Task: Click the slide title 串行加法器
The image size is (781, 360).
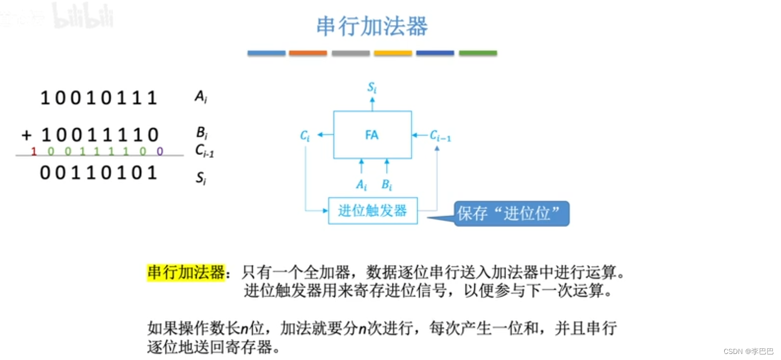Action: [x=372, y=26]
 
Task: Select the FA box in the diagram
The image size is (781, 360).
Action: [x=372, y=135]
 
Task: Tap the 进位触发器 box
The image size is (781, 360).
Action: [x=372, y=211]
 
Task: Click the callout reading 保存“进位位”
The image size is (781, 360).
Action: [x=511, y=214]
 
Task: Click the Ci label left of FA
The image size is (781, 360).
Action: [x=305, y=135]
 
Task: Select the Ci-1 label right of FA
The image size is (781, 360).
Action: [x=440, y=135]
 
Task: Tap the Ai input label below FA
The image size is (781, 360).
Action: [x=361, y=185]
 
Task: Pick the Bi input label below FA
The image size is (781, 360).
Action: [x=386, y=185]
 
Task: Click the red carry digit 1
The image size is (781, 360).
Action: [x=34, y=151]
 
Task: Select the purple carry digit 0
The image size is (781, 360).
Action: [x=160, y=151]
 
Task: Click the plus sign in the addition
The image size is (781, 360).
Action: [x=27, y=135]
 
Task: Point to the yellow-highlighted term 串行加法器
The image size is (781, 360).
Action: [x=186, y=273]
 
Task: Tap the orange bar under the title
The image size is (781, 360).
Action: [x=308, y=53]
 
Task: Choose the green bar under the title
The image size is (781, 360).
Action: [x=478, y=53]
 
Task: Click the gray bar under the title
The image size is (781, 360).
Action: [x=350, y=53]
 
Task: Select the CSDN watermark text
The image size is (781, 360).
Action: [x=748, y=350]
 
